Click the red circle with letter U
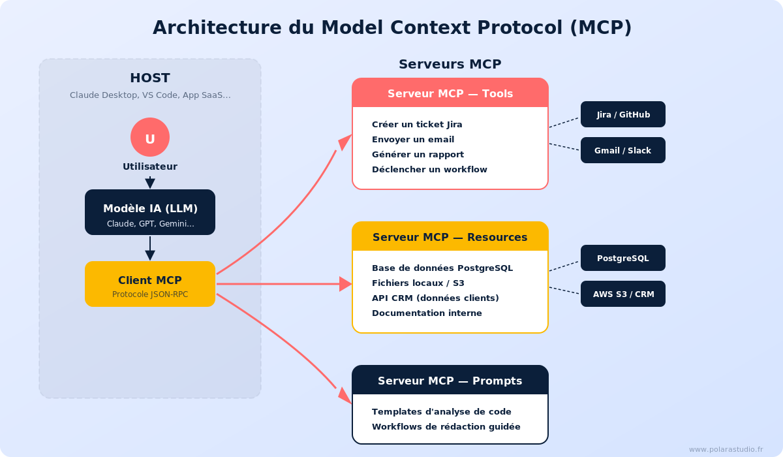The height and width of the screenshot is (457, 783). click(150, 137)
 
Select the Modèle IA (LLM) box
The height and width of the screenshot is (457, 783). click(150, 212)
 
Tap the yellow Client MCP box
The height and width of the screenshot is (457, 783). click(150, 284)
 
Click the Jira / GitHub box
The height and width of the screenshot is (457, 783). click(623, 114)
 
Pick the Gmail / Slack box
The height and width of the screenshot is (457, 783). click(623, 150)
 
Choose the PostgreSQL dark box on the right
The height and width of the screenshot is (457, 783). click(623, 258)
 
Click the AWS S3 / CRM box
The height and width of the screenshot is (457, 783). click(623, 294)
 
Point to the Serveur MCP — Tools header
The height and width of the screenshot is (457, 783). click(450, 93)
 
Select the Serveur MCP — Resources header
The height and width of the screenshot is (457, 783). click(450, 237)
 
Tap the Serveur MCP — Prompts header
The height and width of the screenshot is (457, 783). click(450, 381)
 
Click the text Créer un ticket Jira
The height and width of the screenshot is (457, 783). click(417, 124)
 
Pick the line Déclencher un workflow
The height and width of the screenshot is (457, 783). click(429, 169)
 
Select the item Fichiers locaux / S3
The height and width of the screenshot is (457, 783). click(418, 283)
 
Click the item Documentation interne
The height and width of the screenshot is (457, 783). click(427, 313)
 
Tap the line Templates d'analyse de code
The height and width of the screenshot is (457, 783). click(442, 411)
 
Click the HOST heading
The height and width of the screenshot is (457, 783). click(150, 78)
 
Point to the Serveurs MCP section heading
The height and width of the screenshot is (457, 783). click(450, 64)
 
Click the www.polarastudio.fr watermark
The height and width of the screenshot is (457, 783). click(726, 449)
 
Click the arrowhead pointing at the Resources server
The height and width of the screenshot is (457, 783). click(345, 284)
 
